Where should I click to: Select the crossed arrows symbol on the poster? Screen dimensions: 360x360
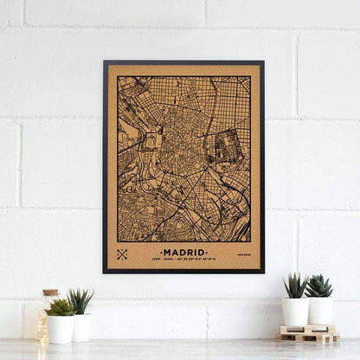pyautogui.click(x=123, y=254)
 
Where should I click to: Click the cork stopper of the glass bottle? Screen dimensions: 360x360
pyautogui.click(x=50, y=294)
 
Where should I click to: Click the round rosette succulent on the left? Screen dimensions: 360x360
pyautogui.click(x=61, y=307)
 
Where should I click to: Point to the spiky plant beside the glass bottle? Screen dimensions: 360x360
pyautogui.click(x=80, y=300)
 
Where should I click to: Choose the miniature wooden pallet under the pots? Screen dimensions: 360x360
pyautogui.click(x=307, y=332)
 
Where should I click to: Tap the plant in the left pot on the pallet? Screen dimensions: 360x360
pyautogui.click(x=295, y=285)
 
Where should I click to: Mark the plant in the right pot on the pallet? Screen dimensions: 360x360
pyautogui.click(x=319, y=286)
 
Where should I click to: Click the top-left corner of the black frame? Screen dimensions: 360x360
pyautogui.click(x=105, y=62)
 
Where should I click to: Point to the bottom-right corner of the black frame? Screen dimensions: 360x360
pyautogui.click(x=263, y=272)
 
